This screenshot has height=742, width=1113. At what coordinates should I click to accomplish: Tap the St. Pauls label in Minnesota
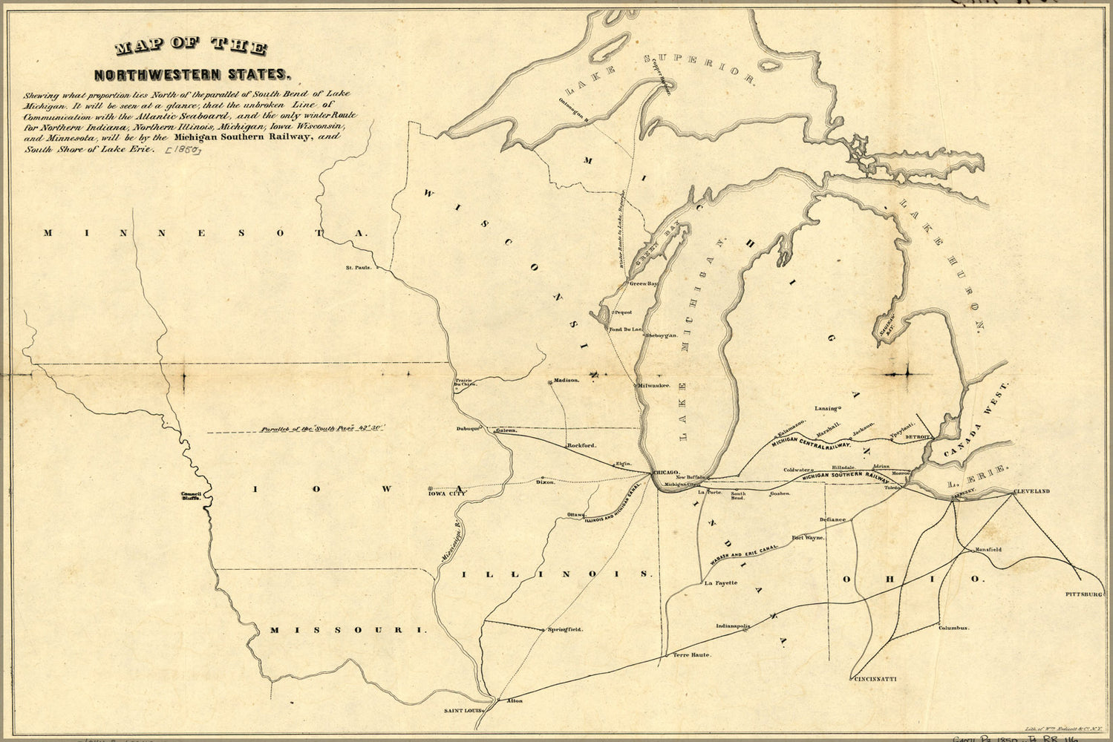coord(358,267)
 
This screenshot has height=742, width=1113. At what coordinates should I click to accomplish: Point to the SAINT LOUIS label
coord(463,710)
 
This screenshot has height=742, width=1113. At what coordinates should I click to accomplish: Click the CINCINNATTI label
coord(876,679)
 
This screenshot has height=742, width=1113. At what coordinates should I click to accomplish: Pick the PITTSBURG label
coord(1085,594)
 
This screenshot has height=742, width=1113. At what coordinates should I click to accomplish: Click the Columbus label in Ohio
coord(953,628)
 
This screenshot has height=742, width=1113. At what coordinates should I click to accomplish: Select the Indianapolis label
coord(733,626)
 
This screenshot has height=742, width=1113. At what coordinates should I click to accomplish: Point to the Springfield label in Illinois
coord(565,629)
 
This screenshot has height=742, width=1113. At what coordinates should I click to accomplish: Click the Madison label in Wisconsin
coord(566,380)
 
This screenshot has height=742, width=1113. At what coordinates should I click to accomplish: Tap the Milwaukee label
coord(655,386)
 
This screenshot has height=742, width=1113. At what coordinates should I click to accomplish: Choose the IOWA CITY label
coord(447,492)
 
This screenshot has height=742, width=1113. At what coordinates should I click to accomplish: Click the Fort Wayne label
coord(809,537)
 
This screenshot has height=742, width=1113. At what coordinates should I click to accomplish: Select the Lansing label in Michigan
coord(826,408)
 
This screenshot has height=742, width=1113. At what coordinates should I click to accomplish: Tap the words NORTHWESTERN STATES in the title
coord(190,74)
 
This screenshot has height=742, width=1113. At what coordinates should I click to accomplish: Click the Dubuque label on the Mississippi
coord(469,429)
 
